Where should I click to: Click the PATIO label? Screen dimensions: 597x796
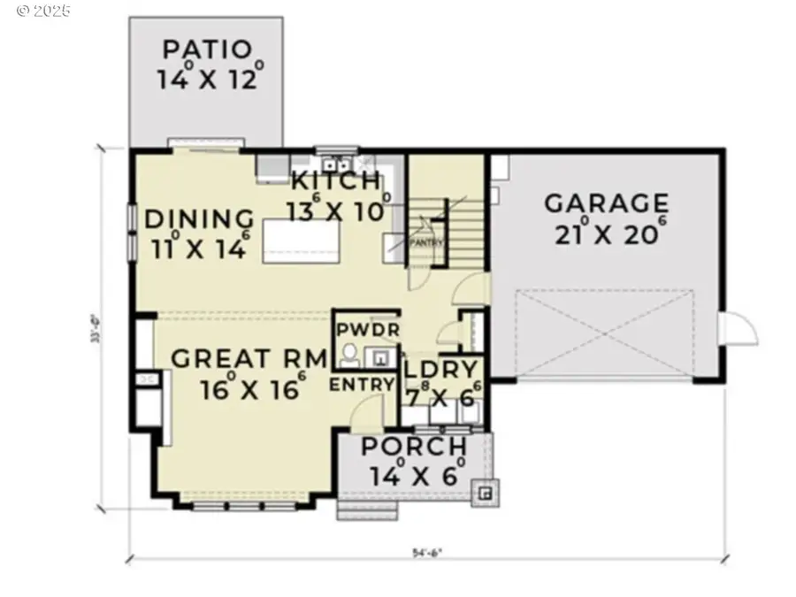coord(207,50)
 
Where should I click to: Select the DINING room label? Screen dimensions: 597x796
coord(199,218)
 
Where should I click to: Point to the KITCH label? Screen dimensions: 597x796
coord(335,181)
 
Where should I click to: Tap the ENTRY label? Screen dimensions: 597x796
coord(362,384)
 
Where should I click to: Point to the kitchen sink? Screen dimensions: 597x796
coord(335,164)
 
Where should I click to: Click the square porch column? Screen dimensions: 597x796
coord(485,494)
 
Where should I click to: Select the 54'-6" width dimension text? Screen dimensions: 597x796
coord(425,555)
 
